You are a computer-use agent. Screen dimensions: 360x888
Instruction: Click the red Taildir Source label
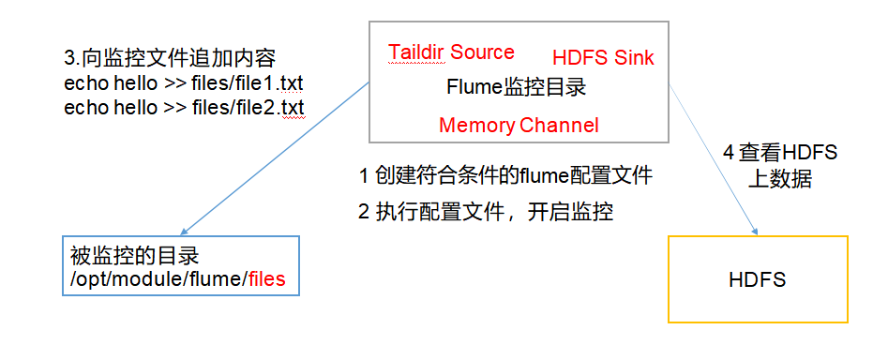451,52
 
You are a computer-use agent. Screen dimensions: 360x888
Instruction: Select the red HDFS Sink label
603,58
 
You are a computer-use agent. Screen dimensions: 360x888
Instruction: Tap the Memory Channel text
518,126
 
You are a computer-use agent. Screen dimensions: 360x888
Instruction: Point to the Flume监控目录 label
516,89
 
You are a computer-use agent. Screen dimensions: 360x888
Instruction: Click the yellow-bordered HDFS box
757,279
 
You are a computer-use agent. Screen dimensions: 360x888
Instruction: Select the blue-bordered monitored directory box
181,265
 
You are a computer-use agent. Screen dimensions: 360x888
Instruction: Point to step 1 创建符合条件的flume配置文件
505,175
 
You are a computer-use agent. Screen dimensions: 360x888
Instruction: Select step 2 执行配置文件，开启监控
486,212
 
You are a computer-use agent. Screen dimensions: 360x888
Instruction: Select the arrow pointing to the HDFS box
715,159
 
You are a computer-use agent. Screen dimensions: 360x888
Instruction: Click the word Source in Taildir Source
482,52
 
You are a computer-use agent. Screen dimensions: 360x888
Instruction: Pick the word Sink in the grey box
634,58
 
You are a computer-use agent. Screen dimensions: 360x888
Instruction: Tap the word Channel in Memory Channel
559,126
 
